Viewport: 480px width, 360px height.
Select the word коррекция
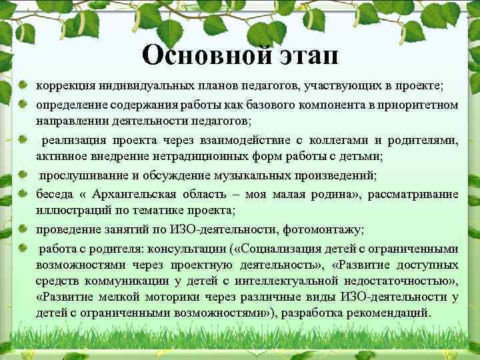65,87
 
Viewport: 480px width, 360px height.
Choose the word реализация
71,140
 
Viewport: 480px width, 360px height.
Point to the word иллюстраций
69,211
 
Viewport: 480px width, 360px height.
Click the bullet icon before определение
23,105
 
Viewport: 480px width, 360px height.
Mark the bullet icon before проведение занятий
23,229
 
